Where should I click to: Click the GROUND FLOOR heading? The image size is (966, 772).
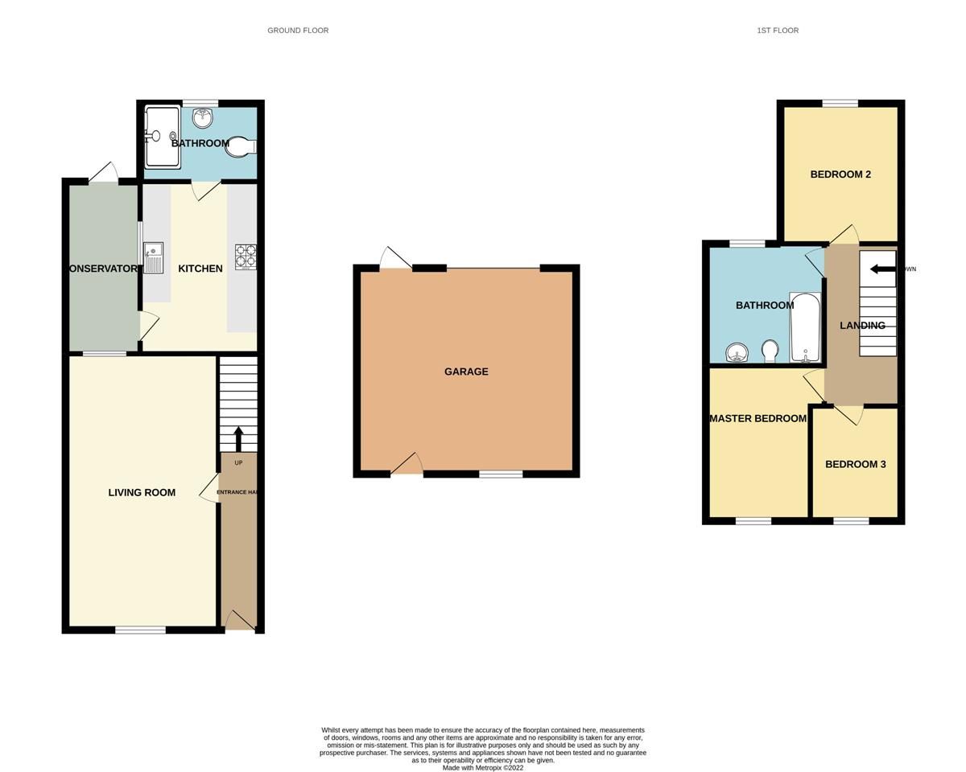(x=298, y=31)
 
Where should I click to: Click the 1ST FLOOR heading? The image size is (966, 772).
(x=777, y=31)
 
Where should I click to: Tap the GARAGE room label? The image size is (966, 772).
(x=466, y=372)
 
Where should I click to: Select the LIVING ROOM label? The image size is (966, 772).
(x=142, y=492)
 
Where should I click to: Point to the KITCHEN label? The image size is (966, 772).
(x=200, y=269)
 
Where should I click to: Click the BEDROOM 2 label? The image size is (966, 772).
(x=840, y=175)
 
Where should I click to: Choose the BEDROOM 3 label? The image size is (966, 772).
(x=855, y=464)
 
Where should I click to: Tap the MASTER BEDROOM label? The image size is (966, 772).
(x=758, y=418)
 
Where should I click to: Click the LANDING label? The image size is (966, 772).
(x=862, y=326)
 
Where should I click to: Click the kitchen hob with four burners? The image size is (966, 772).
(x=245, y=257)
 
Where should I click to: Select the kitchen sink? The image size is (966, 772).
(x=153, y=258)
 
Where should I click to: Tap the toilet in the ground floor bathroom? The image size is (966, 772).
(x=241, y=146)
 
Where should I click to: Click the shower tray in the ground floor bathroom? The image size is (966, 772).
(x=162, y=137)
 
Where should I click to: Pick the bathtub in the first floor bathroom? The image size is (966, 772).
(x=805, y=328)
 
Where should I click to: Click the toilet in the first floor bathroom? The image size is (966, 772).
(x=770, y=351)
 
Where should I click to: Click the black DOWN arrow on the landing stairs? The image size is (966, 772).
(x=882, y=269)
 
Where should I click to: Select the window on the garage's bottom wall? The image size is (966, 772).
(x=501, y=474)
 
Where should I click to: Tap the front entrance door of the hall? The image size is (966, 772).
(x=238, y=622)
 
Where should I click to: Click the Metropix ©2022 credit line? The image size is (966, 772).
(x=482, y=768)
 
